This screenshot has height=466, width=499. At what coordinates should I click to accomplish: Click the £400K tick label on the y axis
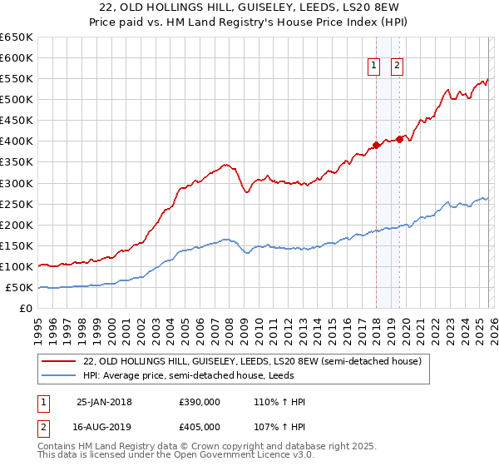(x=16, y=141)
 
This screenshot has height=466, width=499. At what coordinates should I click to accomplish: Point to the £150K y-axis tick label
(x=16, y=245)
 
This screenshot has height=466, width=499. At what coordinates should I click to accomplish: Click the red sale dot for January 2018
(x=376, y=145)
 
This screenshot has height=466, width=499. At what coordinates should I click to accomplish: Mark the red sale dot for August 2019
(x=399, y=139)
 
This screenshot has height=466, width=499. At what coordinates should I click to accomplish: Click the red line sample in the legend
(x=59, y=361)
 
